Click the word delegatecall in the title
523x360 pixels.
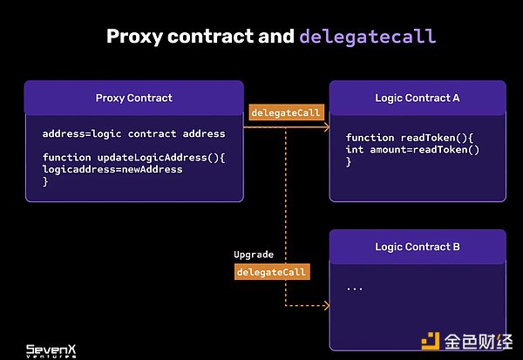[367, 37]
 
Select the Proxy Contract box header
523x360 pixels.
[133, 98]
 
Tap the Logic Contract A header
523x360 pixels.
[417, 98]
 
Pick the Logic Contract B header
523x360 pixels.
[417, 247]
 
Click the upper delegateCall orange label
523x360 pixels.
[286, 112]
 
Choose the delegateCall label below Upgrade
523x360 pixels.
[272, 272]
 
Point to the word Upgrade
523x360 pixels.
[254, 255]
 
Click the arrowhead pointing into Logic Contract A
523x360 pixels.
[326, 128]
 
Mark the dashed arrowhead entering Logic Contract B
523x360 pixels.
[326, 306]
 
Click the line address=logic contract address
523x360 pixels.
[133, 133]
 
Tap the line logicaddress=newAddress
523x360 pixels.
[112, 169]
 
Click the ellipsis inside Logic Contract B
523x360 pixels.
[354, 286]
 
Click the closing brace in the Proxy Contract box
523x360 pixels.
[45, 181]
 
